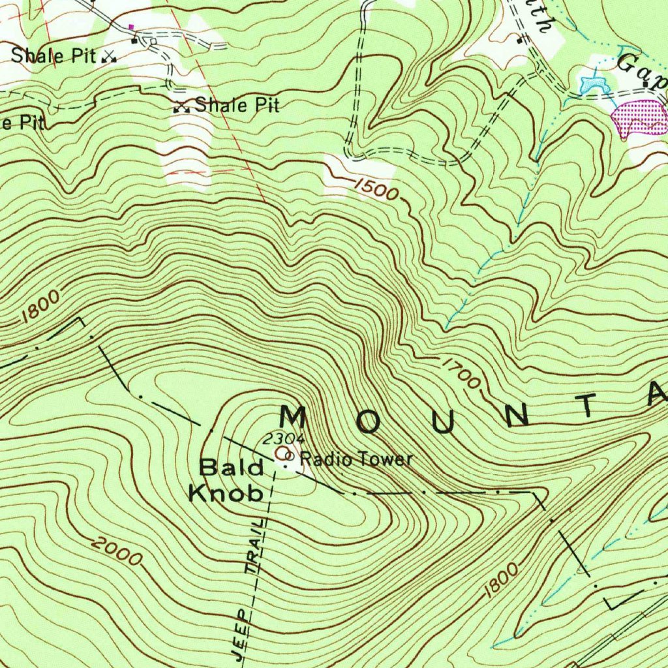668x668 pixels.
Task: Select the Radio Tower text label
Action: (357, 459)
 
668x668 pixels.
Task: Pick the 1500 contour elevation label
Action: (375, 189)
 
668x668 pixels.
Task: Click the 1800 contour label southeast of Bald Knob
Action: (502, 580)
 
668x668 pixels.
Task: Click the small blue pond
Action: (593, 83)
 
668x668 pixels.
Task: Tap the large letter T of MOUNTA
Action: (588, 405)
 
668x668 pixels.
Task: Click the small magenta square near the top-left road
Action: (132, 27)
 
